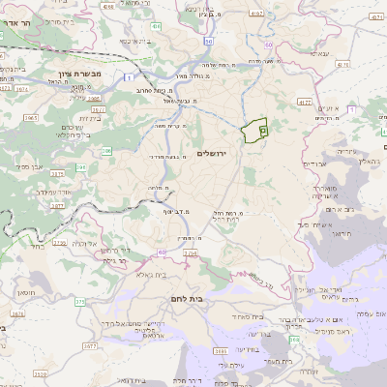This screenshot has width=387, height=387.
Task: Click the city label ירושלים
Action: (216, 154)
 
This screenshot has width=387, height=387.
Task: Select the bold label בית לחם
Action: (190, 300)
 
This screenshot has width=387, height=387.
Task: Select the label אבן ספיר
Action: (37, 180)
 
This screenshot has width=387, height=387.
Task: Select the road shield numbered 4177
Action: (303, 101)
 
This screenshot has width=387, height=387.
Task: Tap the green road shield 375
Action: (77, 302)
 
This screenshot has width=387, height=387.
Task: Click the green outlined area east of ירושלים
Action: (255, 131)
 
